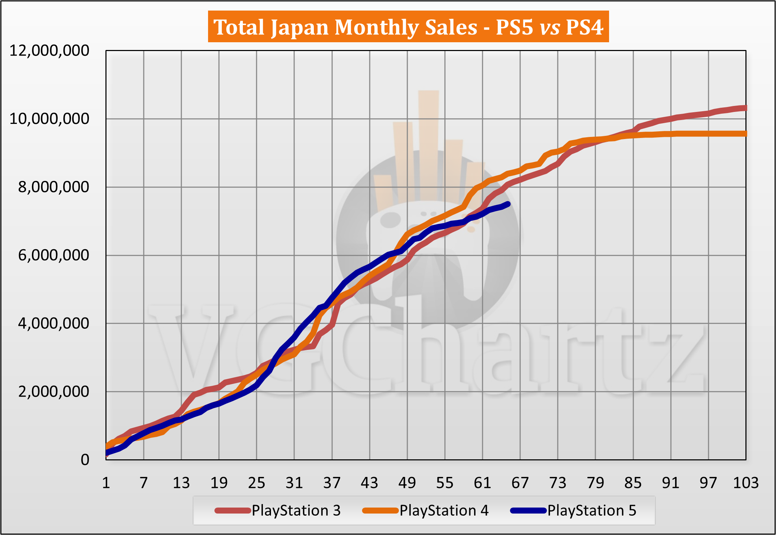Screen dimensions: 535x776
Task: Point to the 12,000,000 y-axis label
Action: click(49, 51)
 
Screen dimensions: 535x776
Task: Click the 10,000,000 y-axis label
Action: click(49, 119)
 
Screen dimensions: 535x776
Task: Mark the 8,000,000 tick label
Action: click(53, 187)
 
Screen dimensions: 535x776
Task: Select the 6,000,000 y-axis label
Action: click(53, 255)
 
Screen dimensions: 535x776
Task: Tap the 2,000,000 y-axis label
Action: click(53, 391)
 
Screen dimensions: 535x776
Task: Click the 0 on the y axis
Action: click(85, 460)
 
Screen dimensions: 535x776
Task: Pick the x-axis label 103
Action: click(745, 483)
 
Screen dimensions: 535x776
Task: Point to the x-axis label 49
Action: click(407, 483)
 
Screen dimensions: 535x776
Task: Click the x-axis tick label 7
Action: click(143, 483)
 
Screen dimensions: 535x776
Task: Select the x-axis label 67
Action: click(520, 483)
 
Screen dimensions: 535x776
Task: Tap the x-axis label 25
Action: click(256, 483)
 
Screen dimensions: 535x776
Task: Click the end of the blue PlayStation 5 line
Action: click(507, 204)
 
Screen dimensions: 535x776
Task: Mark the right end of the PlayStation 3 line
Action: click(745, 108)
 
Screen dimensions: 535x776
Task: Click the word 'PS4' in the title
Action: click(584, 27)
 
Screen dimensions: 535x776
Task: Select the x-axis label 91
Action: click(670, 483)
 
